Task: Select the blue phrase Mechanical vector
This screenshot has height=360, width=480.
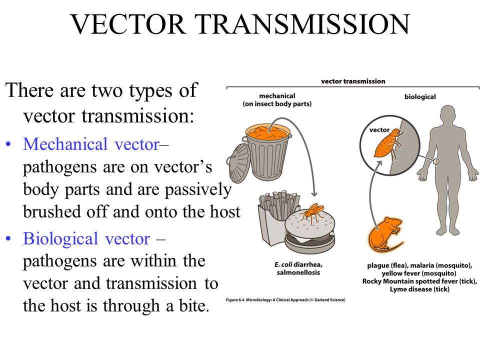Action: pos(91,144)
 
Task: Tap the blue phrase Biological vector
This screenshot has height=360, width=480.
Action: pos(86,239)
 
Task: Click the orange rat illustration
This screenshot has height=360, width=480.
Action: pos(384,233)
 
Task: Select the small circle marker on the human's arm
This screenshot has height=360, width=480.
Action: pos(436,161)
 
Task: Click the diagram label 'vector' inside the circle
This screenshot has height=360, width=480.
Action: pos(379,130)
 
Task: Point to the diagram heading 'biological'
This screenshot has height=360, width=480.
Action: pos(419,96)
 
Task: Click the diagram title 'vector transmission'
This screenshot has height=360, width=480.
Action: pos(353,81)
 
